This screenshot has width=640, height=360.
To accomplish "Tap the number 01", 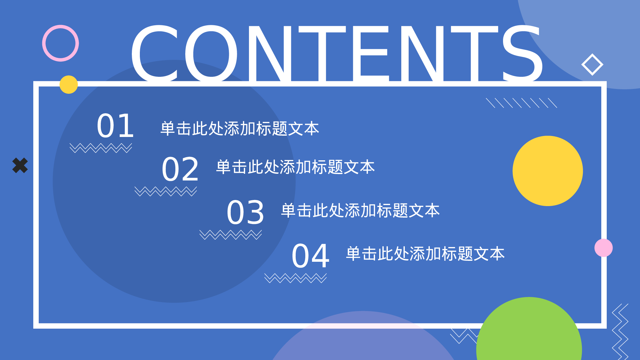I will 115,126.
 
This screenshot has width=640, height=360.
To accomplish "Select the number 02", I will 180,169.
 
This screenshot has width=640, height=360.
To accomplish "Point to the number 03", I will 245,212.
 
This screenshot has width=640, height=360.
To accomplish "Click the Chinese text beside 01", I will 240,129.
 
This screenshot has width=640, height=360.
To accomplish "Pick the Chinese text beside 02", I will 295,167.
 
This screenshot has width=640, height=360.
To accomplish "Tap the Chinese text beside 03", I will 360,211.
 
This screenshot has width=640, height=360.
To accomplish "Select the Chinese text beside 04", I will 425,254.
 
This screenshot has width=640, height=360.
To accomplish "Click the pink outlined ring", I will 60,43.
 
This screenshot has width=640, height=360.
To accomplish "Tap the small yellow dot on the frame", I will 68,84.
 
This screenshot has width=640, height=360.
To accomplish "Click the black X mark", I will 20,165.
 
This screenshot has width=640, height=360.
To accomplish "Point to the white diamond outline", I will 592,65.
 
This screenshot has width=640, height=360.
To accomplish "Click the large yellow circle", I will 548,171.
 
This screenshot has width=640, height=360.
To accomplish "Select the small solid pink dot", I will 604,248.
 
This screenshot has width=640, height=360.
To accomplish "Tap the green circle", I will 529,333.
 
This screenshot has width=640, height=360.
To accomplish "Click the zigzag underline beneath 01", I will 101,148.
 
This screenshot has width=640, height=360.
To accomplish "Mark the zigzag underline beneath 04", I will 295,278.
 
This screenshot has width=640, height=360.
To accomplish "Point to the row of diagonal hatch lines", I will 522,103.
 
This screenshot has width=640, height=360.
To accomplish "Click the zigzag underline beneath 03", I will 230,235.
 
